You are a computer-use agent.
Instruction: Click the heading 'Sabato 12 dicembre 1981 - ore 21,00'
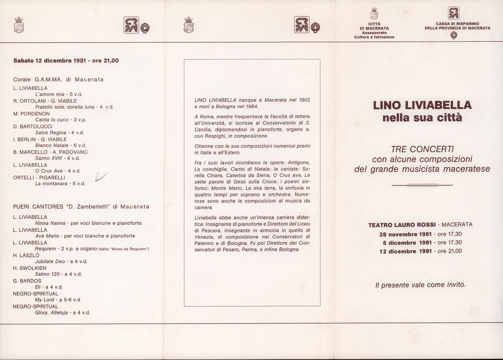pos(66,61)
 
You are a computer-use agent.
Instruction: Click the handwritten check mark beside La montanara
pos(101,177)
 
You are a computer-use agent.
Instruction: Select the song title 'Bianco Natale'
pos(52,145)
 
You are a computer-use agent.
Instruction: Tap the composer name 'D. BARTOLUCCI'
pos(33,126)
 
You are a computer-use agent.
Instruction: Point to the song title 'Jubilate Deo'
pos(50,261)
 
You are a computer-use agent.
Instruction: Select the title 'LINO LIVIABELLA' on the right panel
pos(422,105)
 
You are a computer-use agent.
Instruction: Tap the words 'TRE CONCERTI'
pos(422,149)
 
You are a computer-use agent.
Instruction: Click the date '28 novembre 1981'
pos(405,234)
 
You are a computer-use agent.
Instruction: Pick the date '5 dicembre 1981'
pos(407,243)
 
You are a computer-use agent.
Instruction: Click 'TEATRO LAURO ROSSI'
pos(402,225)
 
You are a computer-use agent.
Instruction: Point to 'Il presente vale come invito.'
pos(421,285)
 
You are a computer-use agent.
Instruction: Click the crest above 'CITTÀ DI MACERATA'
pos(374,14)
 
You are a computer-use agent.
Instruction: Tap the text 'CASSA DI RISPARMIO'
pos(457,24)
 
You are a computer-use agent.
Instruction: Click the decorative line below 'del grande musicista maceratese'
pos(422,185)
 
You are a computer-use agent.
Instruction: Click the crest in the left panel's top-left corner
pos(19,25)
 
